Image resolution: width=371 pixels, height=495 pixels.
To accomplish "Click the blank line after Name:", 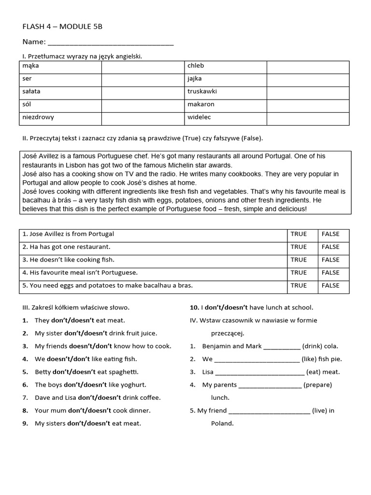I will (x=111, y=43).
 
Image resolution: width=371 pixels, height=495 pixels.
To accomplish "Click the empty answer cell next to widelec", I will (x=308, y=117).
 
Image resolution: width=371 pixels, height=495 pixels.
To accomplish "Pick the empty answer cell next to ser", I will (x=143, y=78).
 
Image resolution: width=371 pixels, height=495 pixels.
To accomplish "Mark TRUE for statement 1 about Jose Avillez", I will (x=299, y=234).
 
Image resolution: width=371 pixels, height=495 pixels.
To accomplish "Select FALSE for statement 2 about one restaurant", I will (x=330, y=247).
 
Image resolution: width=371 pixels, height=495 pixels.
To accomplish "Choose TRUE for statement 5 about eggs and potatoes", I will (x=299, y=286).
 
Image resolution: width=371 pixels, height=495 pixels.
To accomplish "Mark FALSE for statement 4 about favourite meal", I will (x=330, y=273).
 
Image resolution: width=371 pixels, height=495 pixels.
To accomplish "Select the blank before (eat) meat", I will (x=259, y=372).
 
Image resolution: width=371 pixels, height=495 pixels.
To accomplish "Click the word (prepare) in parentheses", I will (x=317, y=385).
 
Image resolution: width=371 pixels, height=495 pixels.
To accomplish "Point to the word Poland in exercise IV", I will (x=222, y=423).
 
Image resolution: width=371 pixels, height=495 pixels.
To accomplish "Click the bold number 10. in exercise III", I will (x=194, y=307).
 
